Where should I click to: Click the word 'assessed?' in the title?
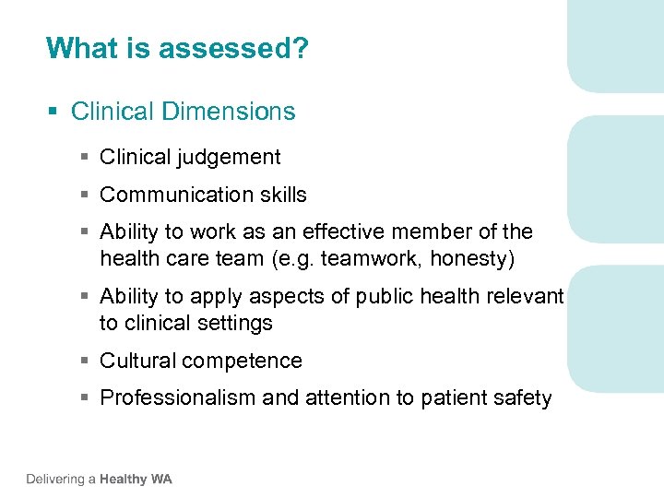[233, 48]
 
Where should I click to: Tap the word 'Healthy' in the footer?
[124, 479]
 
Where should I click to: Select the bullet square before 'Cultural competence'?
[84, 362]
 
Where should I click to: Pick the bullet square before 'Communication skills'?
[84, 196]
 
